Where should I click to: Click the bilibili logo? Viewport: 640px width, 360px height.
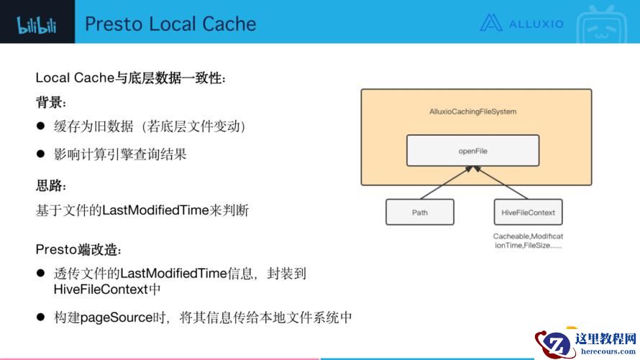tap(37, 25)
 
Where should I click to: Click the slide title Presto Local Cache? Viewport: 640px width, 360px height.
tap(170, 24)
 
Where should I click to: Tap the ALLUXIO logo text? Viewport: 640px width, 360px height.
tap(536, 24)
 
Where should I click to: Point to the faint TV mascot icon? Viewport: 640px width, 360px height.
tap(601, 24)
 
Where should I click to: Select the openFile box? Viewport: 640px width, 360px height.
tap(472, 150)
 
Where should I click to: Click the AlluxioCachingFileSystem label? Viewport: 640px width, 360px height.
tap(472, 111)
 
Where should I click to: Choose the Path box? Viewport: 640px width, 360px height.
tap(419, 212)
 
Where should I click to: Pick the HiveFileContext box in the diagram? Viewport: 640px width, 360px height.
tap(528, 212)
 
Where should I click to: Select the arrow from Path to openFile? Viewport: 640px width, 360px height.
tap(446, 183)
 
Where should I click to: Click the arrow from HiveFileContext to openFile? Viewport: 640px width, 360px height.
tap(500, 183)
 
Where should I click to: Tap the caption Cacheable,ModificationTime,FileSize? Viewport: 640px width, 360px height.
tap(528, 241)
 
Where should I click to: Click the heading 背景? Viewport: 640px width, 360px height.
tap(50, 102)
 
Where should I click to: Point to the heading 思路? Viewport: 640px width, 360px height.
tap(50, 185)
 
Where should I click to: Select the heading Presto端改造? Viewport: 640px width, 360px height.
tap(78, 249)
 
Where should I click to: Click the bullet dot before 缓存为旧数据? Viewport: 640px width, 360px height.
tap(40, 126)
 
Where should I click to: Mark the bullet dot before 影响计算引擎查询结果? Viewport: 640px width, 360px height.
tap(40, 154)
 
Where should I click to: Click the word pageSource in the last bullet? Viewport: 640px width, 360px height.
tap(116, 318)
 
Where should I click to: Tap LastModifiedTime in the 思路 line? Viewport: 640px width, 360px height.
tap(155, 210)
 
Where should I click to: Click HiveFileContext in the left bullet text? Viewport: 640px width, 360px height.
tap(101, 289)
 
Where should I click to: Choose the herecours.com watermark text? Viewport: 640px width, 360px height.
tap(608, 351)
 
